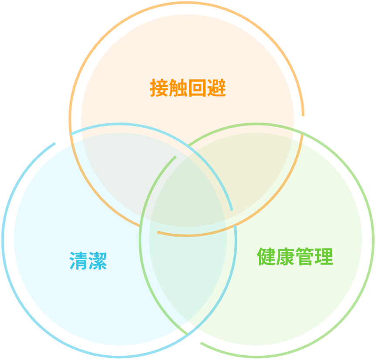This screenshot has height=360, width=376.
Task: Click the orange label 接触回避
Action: click(x=188, y=88)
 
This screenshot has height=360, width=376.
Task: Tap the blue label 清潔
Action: click(x=88, y=261)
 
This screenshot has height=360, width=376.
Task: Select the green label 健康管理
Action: click(x=295, y=257)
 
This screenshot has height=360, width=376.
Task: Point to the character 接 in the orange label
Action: click(x=159, y=88)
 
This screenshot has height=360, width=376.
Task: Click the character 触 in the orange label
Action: click(x=178, y=88)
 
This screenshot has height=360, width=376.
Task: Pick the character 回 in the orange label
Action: click(x=197, y=88)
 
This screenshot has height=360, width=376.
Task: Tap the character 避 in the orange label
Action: click(x=216, y=88)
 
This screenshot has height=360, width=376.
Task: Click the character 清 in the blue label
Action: click(x=79, y=261)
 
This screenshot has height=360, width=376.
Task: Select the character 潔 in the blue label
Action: click(x=98, y=261)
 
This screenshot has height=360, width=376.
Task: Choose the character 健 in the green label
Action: click(x=266, y=257)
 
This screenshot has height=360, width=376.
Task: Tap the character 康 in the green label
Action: click(x=285, y=257)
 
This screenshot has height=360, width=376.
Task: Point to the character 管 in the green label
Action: click(x=304, y=257)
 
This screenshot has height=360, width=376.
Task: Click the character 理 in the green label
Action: click(x=324, y=257)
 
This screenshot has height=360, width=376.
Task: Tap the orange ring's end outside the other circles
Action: click(x=303, y=115)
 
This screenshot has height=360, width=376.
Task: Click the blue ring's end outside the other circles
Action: click(x=55, y=143)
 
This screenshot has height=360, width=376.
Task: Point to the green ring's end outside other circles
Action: click(x=201, y=343)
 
